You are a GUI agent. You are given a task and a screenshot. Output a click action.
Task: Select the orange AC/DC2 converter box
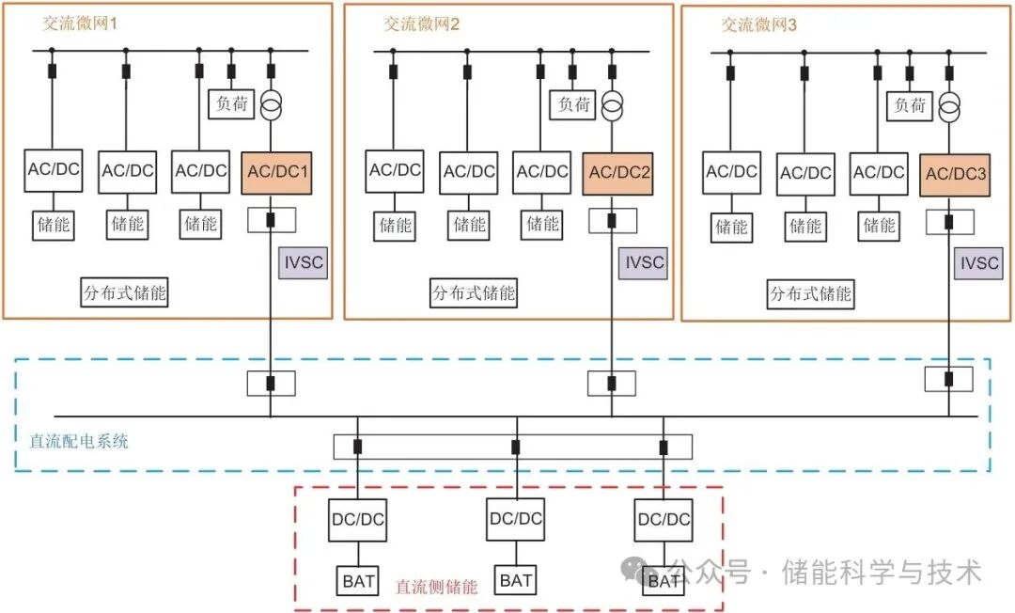tap(618, 173)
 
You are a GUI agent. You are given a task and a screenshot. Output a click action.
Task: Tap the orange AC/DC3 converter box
tap(955, 175)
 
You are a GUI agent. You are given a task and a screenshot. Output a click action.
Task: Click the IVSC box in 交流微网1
tap(303, 262)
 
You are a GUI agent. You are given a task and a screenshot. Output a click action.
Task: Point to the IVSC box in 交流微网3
tap(976, 263)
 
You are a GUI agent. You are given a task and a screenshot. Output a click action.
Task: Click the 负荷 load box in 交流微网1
tap(231, 103)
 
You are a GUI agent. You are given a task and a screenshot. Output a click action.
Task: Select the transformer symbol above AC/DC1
tap(272, 105)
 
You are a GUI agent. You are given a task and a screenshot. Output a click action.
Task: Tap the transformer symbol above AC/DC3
tap(949, 108)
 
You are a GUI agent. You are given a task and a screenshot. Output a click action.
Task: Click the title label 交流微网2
tap(420, 24)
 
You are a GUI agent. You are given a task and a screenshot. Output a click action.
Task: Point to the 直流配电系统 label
tap(79, 439)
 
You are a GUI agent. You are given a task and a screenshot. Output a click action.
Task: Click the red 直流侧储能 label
tap(436, 587)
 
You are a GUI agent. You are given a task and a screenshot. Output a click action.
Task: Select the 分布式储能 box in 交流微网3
tap(810, 293)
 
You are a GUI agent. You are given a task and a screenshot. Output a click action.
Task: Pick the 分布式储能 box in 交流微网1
tap(124, 292)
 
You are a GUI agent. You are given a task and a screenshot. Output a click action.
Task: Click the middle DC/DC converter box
tap(515, 518)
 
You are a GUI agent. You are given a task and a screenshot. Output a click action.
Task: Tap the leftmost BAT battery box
tap(358, 581)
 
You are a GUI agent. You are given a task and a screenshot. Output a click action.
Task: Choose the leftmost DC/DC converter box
tap(358, 519)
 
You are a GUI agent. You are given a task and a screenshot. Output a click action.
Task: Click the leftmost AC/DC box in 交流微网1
tap(53, 169)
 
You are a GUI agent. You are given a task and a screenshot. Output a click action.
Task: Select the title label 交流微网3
tap(758, 25)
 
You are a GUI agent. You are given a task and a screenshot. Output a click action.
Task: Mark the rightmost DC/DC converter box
tap(664, 519)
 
